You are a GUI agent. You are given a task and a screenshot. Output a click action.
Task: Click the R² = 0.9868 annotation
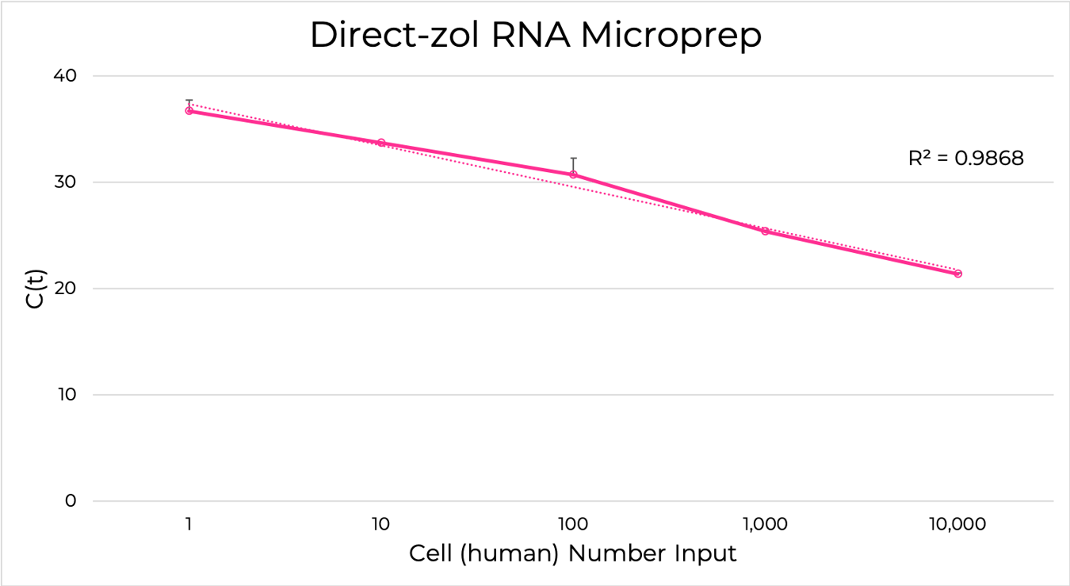tap(965, 159)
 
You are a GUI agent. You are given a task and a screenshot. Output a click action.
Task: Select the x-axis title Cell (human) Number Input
tap(572, 553)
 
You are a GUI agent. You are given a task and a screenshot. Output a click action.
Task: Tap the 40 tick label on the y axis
tap(66, 76)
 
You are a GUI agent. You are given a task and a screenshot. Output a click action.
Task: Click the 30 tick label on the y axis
tap(66, 182)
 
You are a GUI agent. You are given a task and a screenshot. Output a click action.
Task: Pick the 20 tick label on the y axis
tap(66, 289)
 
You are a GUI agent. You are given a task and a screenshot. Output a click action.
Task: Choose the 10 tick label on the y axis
tap(66, 395)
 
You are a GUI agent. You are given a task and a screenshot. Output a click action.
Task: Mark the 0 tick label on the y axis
tap(71, 501)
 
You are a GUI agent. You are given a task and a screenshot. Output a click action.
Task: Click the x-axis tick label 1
tap(189, 524)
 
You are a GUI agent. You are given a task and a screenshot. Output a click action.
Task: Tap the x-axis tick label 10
tap(380, 524)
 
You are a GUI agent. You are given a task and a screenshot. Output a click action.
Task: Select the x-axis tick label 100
tap(573, 524)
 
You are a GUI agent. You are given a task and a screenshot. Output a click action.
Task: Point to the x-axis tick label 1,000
tap(766, 524)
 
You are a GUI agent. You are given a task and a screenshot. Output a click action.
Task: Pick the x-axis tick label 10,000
tap(957, 524)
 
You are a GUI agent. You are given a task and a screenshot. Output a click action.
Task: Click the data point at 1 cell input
tap(189, 111)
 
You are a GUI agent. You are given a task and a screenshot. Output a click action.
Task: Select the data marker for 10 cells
tap(381, 143)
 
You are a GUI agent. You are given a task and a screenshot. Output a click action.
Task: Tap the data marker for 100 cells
tap(573, 174)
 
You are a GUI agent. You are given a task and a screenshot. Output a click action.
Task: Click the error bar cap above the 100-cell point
tap(573, 159)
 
